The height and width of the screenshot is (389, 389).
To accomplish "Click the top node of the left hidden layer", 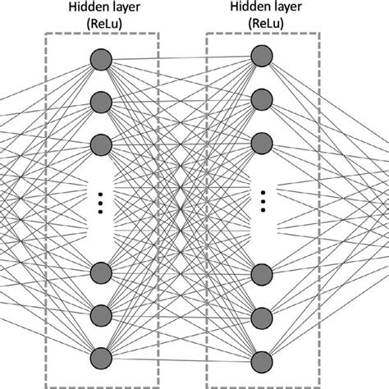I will (x=101, y=59).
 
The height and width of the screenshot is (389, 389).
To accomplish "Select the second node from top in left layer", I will (x=101, y=101).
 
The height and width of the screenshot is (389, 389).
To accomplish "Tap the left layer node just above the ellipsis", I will (x=101, y=143).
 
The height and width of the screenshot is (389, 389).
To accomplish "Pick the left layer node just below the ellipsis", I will (x=101, y=271).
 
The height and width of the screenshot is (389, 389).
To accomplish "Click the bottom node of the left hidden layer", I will (x=101, y=356).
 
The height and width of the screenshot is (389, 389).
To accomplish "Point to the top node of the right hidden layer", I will (x=262, y=56).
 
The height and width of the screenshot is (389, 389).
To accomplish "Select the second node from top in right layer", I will (x=262, y=98).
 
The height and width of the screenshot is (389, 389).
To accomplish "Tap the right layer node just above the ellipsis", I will (x=262, y=140).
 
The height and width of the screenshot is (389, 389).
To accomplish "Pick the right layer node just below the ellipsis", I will (x=262, y=272).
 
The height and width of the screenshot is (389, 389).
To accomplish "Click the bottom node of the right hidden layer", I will (x=262, y=359).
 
